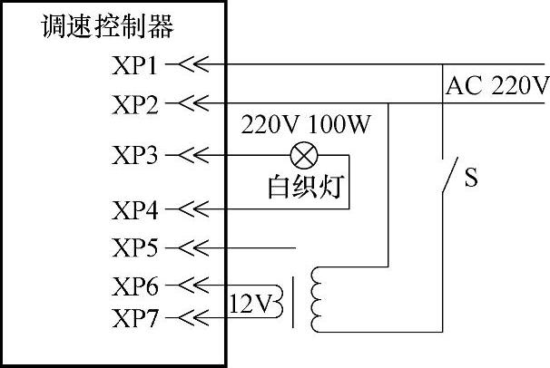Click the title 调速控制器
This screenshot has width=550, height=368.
tap(107, 26)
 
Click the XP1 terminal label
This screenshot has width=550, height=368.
tap(134, 65)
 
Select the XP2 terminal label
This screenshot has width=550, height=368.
tap(135, 105)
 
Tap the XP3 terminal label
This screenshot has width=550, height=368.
tap(135, 156)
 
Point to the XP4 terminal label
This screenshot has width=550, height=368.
tap(135, 210)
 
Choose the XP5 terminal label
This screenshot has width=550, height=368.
tap(135, 247)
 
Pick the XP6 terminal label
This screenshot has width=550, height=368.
tap(135, 286)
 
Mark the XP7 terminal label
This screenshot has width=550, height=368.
tap(135, 318)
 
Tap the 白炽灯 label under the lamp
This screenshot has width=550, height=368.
tap(306, 187)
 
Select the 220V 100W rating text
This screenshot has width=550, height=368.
tap(306, 124)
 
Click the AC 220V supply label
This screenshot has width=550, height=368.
tap(497, 85)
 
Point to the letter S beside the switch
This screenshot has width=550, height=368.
tap(471, 178)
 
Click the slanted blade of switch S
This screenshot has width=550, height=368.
tap(450, 175)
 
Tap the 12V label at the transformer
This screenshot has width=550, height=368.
tap(250, 304)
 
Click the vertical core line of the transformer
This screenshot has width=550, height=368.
tap(293, 303)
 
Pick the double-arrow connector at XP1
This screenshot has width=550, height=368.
tap(193, 64)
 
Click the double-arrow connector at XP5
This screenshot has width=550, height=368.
tap(193, 247)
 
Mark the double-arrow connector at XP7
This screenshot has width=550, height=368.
tap(193, 318)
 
